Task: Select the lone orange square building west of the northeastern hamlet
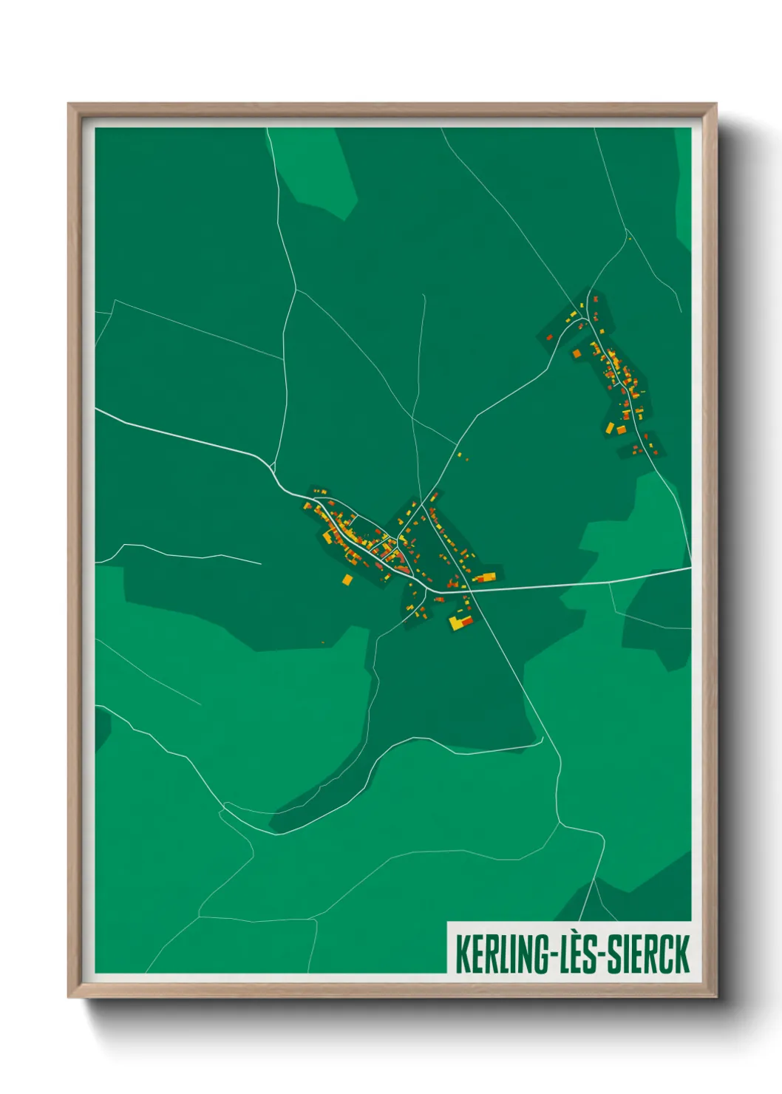coord(577,353)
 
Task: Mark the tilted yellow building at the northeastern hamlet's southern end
coord(611,428)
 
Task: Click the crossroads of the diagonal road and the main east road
coord(470,591)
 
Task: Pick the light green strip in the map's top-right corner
coord(683,185)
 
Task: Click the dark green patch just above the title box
coord(636,894)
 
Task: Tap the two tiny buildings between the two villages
coord(463,456)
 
